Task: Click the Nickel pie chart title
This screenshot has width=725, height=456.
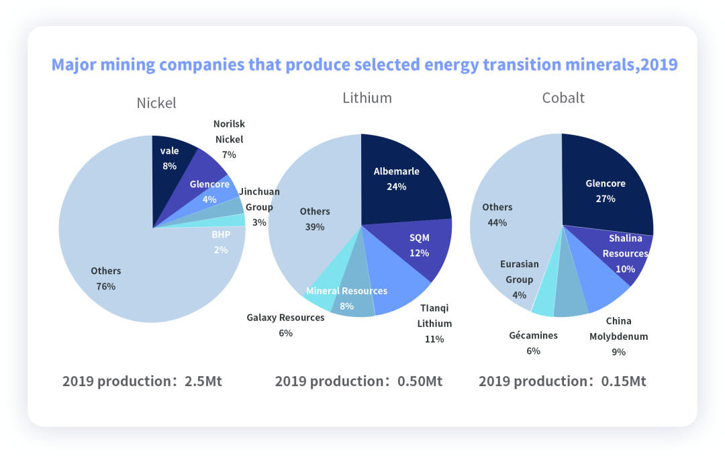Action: click(156, 103)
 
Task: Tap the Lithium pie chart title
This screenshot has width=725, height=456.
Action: click(367, 97)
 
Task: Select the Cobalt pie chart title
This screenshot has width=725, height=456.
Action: click(563, 97)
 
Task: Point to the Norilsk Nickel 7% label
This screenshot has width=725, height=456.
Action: click(228, 139)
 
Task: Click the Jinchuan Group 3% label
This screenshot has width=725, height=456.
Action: click(259, 207)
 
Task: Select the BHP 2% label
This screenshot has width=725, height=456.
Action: click(220, 242)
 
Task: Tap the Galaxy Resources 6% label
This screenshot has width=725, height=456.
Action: click(285, 324)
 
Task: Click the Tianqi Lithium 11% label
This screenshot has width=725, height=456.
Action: click(434, 323)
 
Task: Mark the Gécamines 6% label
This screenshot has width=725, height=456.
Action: click(533, 343)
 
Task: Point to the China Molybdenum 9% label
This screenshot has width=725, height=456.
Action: click(618, 336)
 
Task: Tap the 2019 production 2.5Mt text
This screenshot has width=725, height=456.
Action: click(142, 381)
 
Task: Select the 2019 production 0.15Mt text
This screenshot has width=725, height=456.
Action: click(563, 381)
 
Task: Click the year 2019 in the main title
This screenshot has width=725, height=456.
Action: click(659, 65)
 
